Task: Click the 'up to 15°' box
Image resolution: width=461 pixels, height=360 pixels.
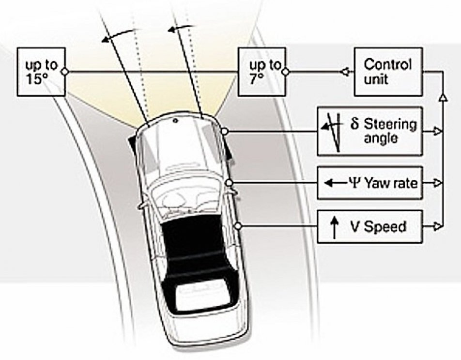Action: pos(41,72)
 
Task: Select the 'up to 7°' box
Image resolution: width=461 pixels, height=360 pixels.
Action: pos(261,72)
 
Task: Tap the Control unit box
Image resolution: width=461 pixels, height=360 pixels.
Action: pos(388,72)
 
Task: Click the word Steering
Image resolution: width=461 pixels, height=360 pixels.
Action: pos(390,125)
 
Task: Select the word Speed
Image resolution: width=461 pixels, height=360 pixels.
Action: pos(385,226)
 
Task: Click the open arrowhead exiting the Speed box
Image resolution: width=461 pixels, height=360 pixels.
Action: pos(438,226)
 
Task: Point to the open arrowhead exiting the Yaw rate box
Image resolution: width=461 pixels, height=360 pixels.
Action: pos(438,183)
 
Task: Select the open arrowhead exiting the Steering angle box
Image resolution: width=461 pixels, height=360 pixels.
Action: pos(438,131)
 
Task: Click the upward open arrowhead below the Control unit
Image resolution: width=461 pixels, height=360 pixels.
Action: pos(443,98)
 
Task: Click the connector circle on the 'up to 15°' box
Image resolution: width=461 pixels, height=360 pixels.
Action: pos(65,72)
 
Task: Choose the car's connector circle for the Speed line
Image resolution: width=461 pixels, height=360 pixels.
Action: pos(238,226)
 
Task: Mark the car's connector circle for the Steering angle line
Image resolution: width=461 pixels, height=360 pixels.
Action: pos(224,131)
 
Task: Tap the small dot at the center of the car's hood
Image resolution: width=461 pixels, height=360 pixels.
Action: pos(175,120)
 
